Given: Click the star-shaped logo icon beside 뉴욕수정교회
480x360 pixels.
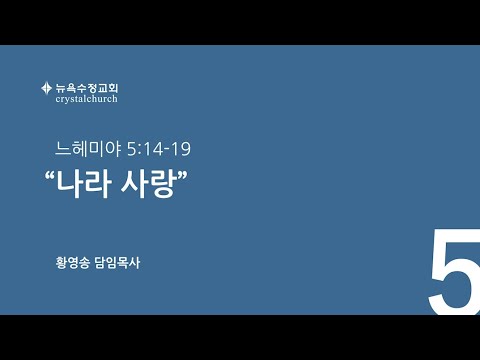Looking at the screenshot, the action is point(46,88).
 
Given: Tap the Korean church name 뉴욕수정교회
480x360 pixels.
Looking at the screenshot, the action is point(87,88).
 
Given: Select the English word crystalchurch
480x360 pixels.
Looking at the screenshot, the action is point(87,99).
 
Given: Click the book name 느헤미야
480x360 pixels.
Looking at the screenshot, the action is point(88,149).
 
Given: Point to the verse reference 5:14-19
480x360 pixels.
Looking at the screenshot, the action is point(159,149).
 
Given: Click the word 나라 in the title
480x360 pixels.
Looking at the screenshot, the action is point(83,184).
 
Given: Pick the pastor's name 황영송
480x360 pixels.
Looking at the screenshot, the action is point(73,263).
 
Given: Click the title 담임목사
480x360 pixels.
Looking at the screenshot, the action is point(117,263).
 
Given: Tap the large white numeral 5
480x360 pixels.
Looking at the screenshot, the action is point(454,271).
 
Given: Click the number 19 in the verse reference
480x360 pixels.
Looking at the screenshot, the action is point(181,149).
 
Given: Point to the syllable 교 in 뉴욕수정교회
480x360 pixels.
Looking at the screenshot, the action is point(102,88).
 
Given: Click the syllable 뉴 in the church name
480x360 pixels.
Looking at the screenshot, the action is point(61,88).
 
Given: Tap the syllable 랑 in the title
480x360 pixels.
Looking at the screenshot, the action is point(163,184).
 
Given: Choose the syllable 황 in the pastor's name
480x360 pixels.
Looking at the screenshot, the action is point(61,263).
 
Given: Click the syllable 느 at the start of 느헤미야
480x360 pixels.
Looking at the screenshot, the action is point(63,149).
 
